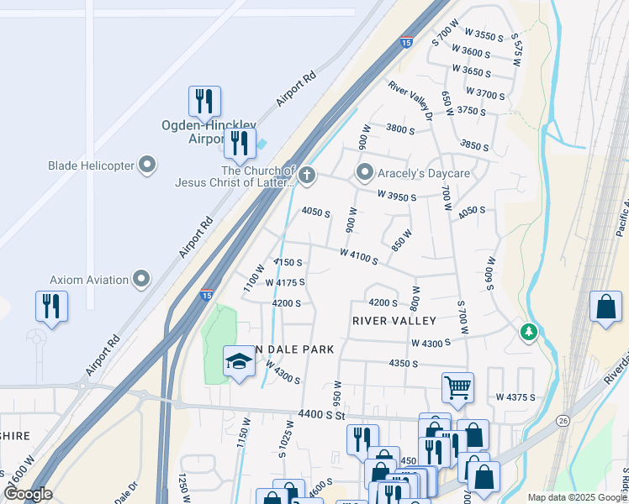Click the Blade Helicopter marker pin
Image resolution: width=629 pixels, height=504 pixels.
tap(148, 165)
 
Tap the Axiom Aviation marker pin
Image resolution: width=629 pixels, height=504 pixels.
tap(141, 279)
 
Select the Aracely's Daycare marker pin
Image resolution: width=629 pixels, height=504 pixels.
tap(364, 173)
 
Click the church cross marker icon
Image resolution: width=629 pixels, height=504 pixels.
tap(307, 175)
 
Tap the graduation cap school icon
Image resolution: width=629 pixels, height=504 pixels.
tap(239, 361)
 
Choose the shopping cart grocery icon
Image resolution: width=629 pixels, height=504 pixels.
tap(457, 387)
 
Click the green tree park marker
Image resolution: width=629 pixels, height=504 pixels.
tap(528, 333)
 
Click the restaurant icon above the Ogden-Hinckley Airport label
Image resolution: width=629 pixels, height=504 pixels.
tap(204, 102)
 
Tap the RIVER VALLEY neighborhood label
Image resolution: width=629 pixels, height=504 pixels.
tap(394, 321)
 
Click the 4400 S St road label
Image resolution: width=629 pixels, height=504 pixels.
tap(322, 414)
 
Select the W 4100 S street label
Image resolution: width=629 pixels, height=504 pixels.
tap(359, 255)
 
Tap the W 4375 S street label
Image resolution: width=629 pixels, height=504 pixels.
tap(516, 396)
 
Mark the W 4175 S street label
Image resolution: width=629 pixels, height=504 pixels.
tap(285, 283)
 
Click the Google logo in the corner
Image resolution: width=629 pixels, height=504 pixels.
tap(27, 494)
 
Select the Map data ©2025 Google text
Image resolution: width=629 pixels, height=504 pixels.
tap(576, 497)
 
